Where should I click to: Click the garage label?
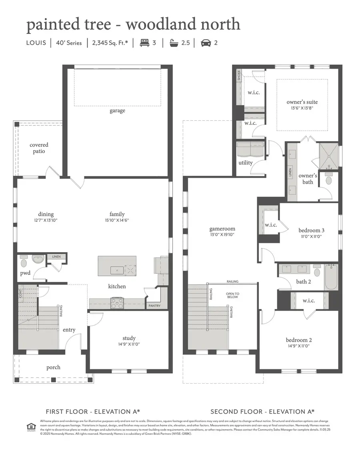pyautogui.click(x=118, y=111)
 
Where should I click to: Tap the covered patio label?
pyautogui.click(x=39, y=148)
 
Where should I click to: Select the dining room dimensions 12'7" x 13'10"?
pyautogui.click(x=46, y=220)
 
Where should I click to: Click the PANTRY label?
pyautogui.click(x=154, y=306)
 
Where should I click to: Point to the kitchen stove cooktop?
pyautogui.click(x=117, y=303)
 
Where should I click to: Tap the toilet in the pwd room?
pyautogui.click(x=24, y=263)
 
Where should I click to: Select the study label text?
pyautogui.click(x=129, y=338)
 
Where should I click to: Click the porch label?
pyautogui.click(x=53, y=367)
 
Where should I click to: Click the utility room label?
pyautogui.click(x=245, y=163)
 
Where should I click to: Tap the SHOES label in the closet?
pyautogui.click(x=239, y=76)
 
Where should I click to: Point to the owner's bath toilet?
pyautogui.click(x=329, y=180)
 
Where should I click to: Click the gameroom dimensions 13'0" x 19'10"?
pyautogui.click(x=222, y=235)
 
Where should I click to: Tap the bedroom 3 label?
pyautogui.click(x=312, y=231)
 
